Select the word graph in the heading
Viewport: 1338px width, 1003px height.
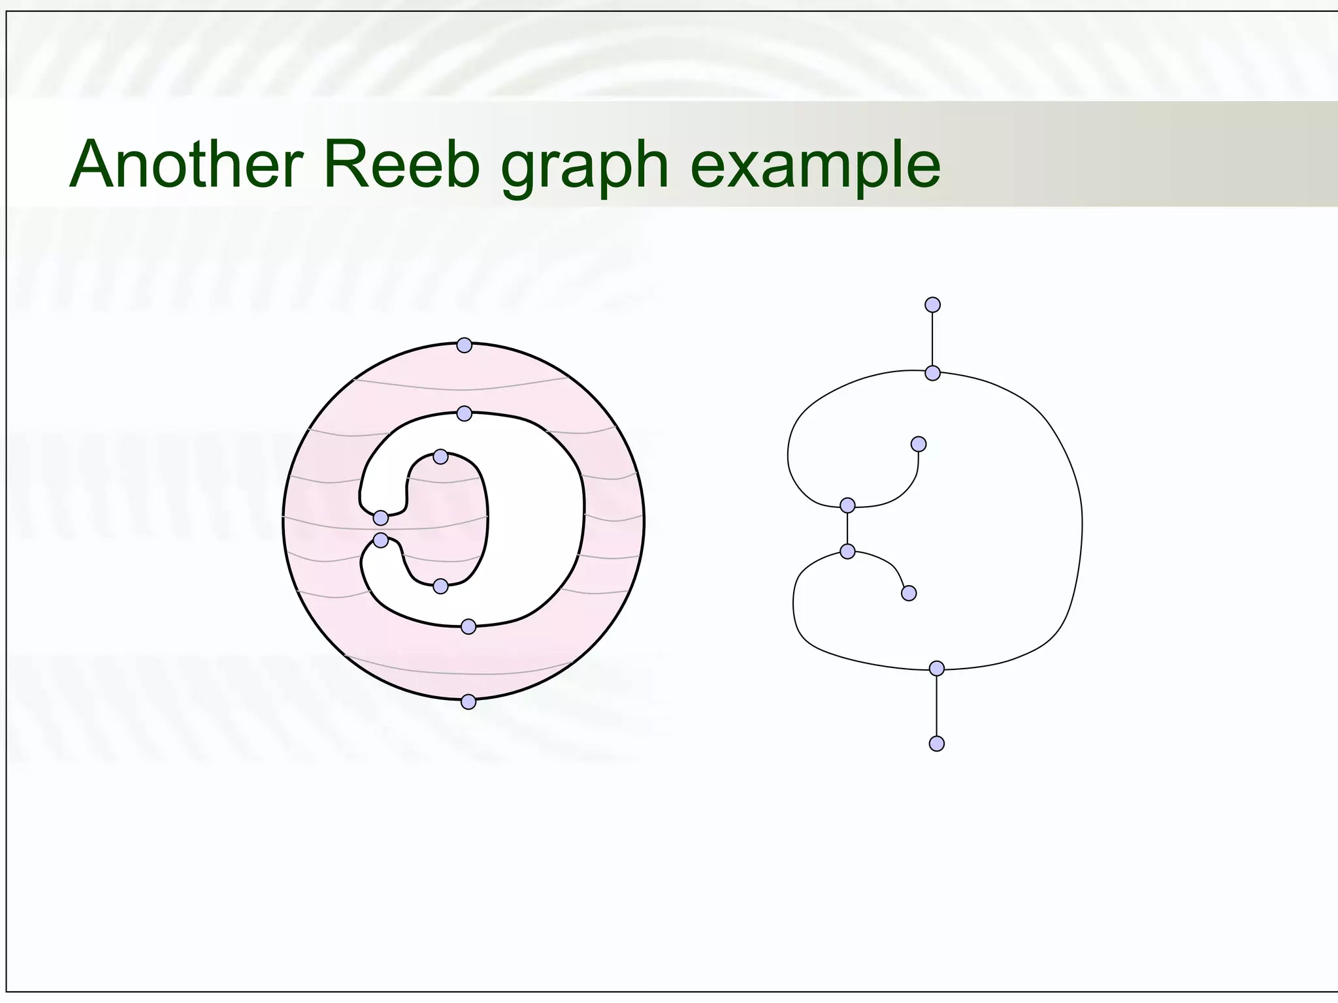coord(584,168)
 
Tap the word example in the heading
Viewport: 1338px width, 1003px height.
coord(815,168)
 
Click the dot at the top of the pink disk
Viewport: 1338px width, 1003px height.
coord(464,345)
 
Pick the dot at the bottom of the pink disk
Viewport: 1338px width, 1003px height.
coord(468,702)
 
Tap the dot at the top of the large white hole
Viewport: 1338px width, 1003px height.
coord(464,413)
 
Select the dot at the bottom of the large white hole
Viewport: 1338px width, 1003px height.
coord(468,627)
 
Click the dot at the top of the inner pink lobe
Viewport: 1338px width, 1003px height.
coord(440,456)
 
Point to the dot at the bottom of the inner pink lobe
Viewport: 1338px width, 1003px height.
coord(440,586)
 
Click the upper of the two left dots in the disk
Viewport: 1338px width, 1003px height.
coord(381,518)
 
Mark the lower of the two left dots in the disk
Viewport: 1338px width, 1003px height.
coord(381,540)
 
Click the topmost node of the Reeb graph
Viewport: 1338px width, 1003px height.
coord(933,305)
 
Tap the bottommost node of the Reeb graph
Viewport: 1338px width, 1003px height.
coord(937,744)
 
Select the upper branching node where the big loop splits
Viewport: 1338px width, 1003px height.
coord(933,374)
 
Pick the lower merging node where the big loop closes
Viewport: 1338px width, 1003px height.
coord(937,669)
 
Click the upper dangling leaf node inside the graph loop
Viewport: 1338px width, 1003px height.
coord(919,444)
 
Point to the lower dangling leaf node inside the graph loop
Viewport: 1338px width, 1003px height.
coord(909,594)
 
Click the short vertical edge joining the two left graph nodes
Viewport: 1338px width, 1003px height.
coord(847,528)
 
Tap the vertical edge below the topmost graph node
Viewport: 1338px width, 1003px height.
coord(933,340)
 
